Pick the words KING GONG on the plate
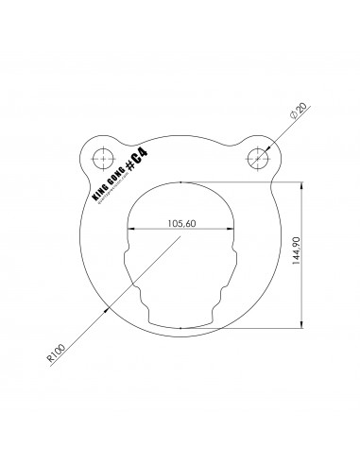click(107, 183)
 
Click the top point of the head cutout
click(180, 180)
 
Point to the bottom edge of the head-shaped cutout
click(180, 326)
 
